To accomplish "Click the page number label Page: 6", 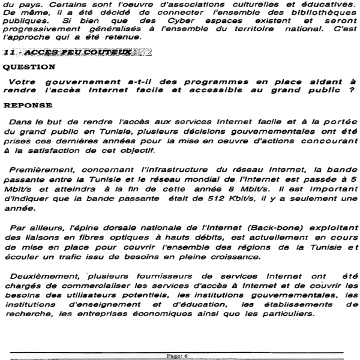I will coord(178,355).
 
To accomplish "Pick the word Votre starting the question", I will coord(23,80).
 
